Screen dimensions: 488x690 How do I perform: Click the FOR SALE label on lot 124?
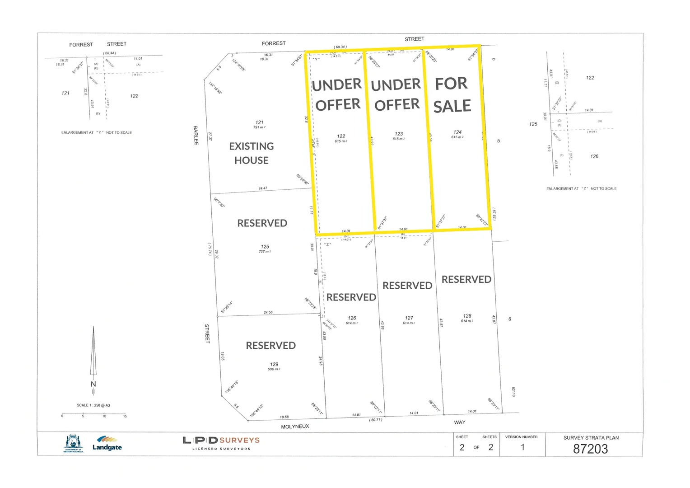[452, 95]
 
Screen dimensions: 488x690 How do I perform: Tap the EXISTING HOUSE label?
[252, 153]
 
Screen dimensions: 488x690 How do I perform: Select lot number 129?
[274, 364]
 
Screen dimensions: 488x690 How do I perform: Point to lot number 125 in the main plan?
[265, 247]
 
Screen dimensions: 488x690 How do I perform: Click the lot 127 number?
[409, 318]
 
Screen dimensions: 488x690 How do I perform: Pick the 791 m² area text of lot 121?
[259, 127]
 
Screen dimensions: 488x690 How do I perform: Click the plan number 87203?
[590, 449]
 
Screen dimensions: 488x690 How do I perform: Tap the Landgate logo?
[107, 443]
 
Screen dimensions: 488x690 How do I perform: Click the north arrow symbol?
[93, 352]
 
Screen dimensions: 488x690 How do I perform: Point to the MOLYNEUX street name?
[295, 427]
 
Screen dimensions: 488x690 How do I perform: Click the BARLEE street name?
[196, 135]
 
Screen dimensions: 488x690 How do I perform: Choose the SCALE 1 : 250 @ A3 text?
[93, 405]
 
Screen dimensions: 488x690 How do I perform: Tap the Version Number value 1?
[522, 447]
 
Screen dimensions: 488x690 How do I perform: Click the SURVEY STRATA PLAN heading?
[591, 438]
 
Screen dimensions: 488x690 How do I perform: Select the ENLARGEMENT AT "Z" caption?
[581, 188]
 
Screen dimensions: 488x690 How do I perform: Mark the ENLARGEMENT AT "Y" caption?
[97, 132]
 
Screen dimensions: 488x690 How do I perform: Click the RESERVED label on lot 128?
[466, 279]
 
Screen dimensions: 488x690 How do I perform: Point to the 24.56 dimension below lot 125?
[268, 312]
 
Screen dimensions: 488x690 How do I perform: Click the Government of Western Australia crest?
[73, 443]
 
